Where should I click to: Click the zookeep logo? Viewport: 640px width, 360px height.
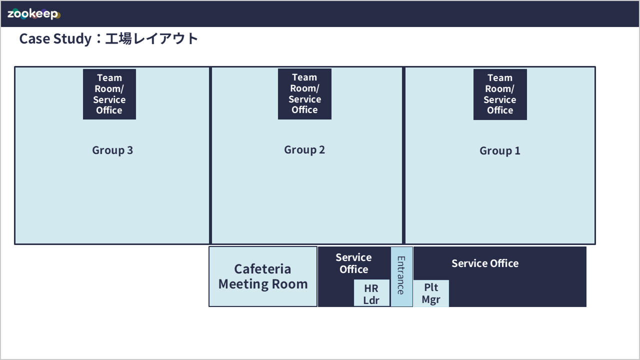coord(33,13)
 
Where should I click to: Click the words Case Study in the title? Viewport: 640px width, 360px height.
coord(55,39)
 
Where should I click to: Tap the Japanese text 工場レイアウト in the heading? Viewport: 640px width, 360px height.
coord(151,38)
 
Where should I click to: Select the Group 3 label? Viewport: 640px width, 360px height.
coord(112,150)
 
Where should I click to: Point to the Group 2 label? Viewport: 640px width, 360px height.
coord(304,150)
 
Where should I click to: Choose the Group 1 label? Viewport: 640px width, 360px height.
coord(500,151)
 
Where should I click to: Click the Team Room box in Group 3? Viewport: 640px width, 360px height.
coord(109,94)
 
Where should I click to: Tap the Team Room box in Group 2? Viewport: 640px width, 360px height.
coord(304,94)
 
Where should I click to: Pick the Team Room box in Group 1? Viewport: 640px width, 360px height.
coord(500,94)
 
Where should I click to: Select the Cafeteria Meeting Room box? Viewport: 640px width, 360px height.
coord(263,276)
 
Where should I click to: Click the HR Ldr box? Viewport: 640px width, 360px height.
coord(371,293)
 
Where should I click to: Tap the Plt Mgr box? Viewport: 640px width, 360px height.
coord(431,293)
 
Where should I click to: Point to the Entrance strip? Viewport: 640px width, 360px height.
coord(401,276)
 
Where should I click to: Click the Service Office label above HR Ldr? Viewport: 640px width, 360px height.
coord(353,263)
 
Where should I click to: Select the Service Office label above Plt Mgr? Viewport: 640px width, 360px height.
coord(485,263)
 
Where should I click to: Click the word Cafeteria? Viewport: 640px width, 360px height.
coord(262,269)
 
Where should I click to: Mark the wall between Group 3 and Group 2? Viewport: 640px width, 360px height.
coord(210,155)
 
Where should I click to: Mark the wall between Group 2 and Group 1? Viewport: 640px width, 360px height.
coord(403,155)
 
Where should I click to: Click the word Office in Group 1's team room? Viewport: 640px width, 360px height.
coord(500,110)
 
